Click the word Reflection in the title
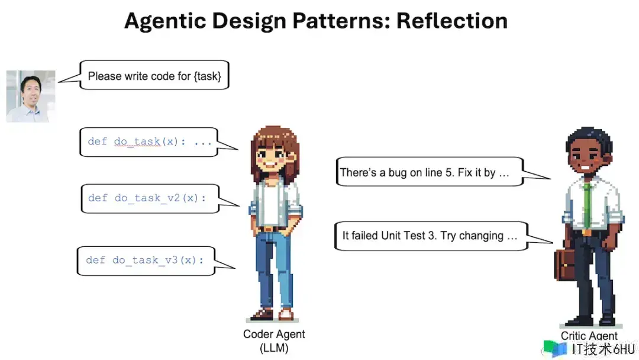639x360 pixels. coord(452,21)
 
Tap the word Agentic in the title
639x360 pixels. coord(166,21)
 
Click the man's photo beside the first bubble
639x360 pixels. coord(31,97)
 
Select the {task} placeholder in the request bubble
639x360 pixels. coord(208,76)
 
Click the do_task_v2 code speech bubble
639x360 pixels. coord(150,198)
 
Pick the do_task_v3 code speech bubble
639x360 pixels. coord(146,261)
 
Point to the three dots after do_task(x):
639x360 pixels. coord(203,143)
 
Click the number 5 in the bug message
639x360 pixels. coord(448,172)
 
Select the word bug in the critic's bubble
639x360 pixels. coord(398,173)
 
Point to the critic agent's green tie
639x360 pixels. coord(587,206)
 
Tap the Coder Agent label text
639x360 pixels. coord(274,335)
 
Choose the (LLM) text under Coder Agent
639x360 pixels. coord(274,348)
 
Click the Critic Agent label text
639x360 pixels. coord(589,336)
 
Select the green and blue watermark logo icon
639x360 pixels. coord(554,349)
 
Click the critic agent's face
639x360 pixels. coord(585,156)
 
